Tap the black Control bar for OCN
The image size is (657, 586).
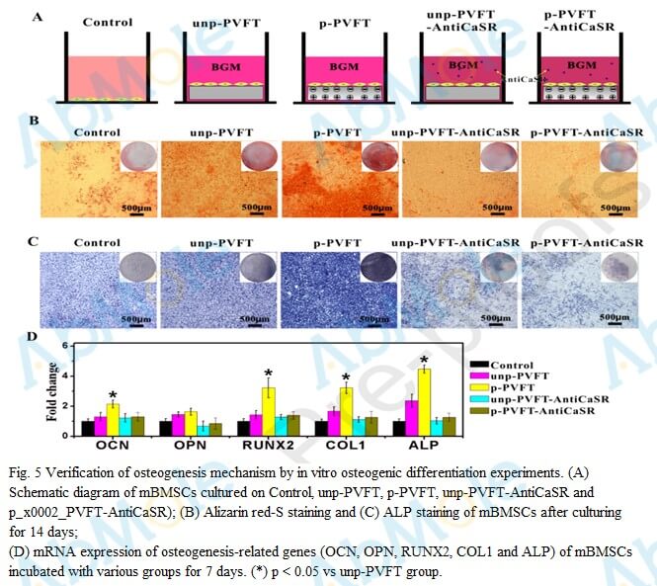88,428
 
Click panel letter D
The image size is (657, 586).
34,337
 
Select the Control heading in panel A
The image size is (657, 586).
108,22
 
